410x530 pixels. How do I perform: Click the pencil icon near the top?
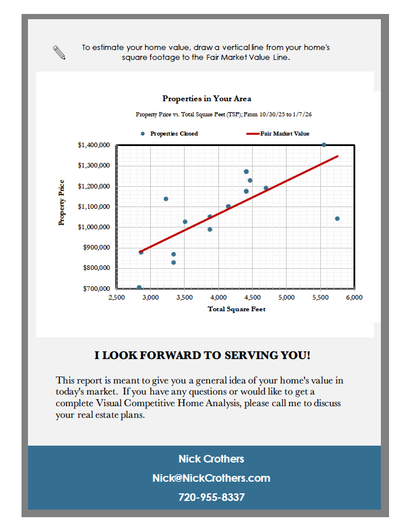(x=59, y=52)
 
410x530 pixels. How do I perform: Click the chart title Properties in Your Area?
(x=207, y=99)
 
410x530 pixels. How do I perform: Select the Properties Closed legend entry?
(x=174, y=134)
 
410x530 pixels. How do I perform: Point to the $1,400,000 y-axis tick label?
(x=94, y=145)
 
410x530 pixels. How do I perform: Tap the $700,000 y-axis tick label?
(x=97, y=289)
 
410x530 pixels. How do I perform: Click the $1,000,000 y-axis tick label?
(x=94, y=227)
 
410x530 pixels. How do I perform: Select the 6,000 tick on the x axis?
(x=354, y=297)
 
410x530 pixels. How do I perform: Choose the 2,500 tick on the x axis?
(x=116, y=297)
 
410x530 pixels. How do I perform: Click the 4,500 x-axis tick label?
(x=252, y=297)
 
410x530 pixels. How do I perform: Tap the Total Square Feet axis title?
(x=236, y=309)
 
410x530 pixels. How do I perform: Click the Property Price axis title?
(x=62, y=202)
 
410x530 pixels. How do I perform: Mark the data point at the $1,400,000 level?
(x=324, y=145)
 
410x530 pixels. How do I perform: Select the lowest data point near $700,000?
(x=139, y=287)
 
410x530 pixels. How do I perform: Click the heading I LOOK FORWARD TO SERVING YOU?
(x=203, y=355)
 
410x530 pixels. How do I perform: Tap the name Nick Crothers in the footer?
(x=211, y=459)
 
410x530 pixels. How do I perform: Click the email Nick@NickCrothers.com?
(x=211, y=478)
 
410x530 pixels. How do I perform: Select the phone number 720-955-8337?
(x=211, y=497)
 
